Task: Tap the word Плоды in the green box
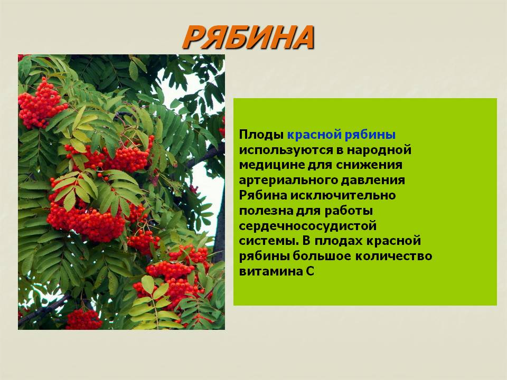261,135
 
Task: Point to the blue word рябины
370,135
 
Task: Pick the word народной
379,150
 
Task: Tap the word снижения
369,165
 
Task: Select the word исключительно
343,195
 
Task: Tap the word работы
349,211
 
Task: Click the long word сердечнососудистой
308,226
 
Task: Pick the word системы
269,241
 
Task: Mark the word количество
393,256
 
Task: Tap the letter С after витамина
309,271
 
